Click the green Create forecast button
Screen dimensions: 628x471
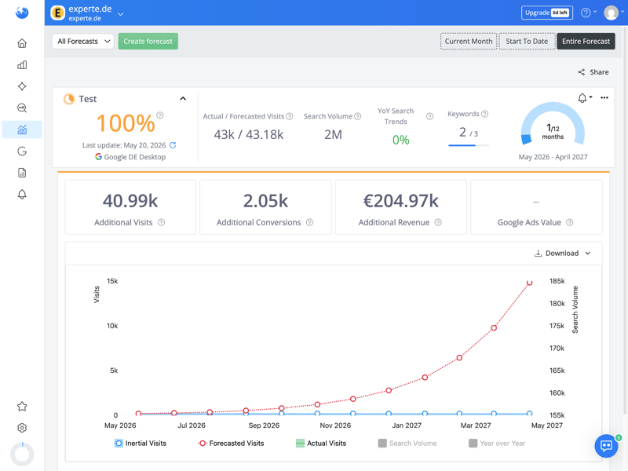point(148,42)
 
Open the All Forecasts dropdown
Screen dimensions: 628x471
point(83,42)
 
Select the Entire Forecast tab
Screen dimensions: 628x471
point(586,42)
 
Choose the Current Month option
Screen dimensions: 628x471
point(469,42)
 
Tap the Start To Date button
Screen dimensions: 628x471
point(527,42)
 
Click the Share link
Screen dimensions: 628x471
point(593,72)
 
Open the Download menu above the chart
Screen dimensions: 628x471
point(562,253)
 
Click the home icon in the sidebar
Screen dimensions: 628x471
point(22,43)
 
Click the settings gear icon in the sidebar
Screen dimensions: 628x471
point(22,428)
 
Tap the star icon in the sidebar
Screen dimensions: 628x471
point(22,407)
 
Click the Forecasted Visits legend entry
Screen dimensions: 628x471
point(231,444)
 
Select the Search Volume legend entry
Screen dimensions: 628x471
point(407,444)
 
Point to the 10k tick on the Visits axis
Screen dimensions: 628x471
point(112,326)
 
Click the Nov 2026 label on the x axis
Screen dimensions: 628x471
point(335,425)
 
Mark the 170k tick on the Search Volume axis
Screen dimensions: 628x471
point(557,348)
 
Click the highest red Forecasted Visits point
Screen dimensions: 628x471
point(529,283)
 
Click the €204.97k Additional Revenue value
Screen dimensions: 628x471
point(401,201)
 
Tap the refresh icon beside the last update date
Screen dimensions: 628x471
point(173,145)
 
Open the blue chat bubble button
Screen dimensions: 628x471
point(606,445)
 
